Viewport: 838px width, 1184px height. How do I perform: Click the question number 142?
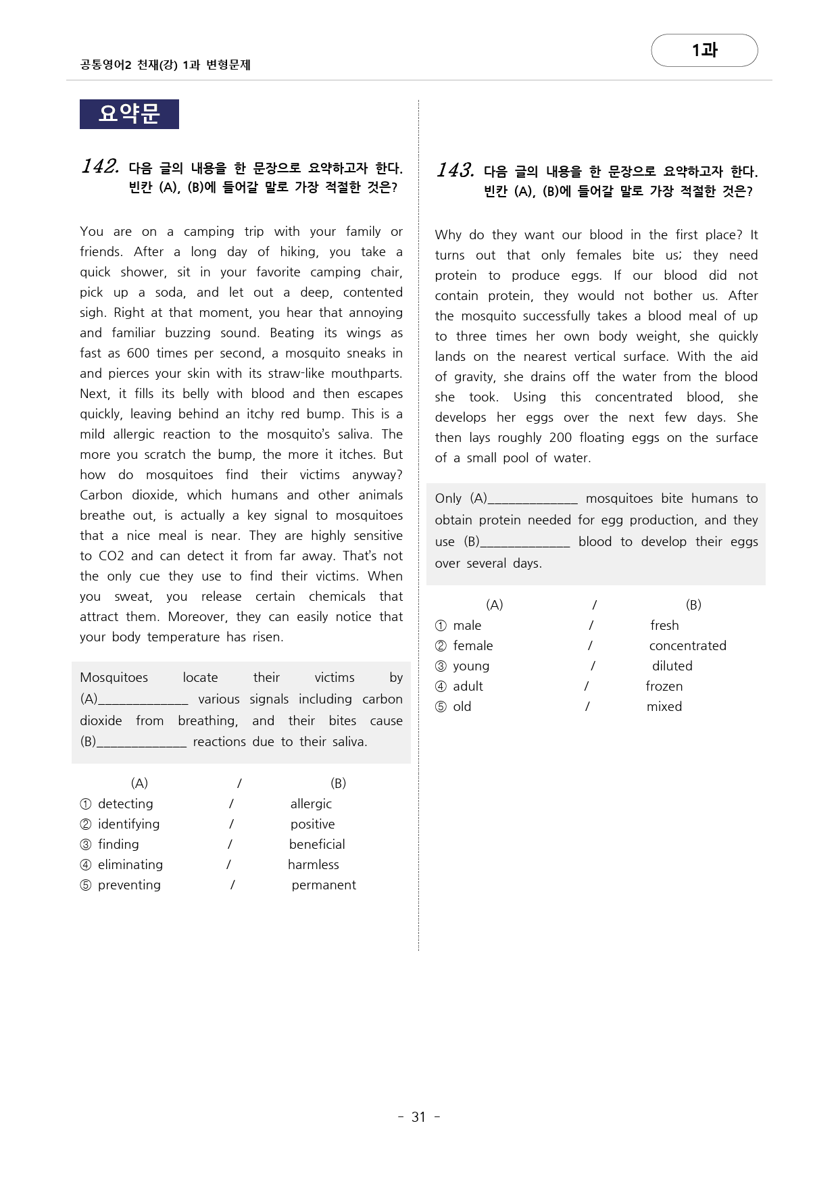click(x=100, y=166)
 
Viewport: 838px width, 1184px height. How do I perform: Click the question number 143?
click(x=455, y=170)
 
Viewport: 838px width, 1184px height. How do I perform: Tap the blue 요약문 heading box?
click(x=129, y=114)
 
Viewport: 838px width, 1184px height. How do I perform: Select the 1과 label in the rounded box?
click(x=704, y=50)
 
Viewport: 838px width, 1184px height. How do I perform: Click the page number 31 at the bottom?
click(x=418, y=1117)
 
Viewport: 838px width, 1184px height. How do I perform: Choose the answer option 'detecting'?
click(x=125, y=804)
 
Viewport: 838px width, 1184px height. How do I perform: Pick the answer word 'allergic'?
click(x=311, y=804)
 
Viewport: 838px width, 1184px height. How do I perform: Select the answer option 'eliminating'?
click(x=130, y=864)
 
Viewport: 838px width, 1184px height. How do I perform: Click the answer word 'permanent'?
click(x=324, y=885)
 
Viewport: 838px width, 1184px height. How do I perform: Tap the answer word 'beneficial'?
click(x=317, y=844)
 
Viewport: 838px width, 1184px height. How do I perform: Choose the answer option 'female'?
click(x=472, y=645)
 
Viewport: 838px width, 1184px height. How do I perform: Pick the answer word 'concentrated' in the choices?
click(x=687, y=645)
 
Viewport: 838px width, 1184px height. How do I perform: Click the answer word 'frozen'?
click(x=664, y=686)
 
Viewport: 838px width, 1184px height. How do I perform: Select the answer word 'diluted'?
click(x=672, y=666)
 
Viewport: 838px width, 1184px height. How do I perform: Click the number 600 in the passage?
click(x=138, y=353)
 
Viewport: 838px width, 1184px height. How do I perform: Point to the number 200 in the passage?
click(x=560, y=437)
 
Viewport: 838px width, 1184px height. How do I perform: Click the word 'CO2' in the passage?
click(x=112, y=556)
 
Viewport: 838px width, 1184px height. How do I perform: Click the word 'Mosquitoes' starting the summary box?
click(x=114, y=677)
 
